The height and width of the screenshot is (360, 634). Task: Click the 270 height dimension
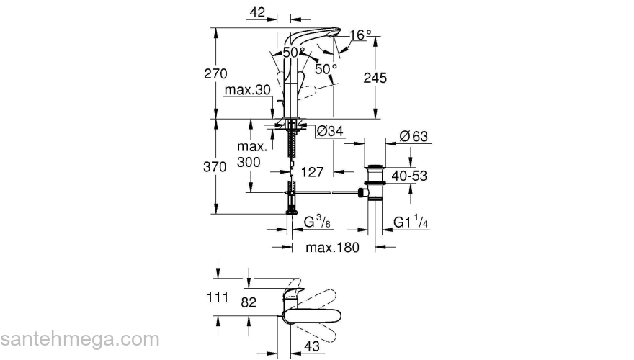coord(216,73)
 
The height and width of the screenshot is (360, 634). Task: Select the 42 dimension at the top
coord(256,12)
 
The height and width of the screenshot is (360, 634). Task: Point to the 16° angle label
coord(361,35)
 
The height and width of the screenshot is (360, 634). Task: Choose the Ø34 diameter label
coord(329,131)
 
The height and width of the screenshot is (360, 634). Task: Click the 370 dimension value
coord(216,166)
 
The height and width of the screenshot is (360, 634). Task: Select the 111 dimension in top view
coord(217,297)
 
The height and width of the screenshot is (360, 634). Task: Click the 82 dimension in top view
coord(248,303)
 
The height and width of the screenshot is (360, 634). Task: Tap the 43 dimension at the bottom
coord(311,346)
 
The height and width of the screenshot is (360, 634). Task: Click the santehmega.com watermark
coord(79,338)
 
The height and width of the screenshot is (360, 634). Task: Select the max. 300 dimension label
coord(252,155)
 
